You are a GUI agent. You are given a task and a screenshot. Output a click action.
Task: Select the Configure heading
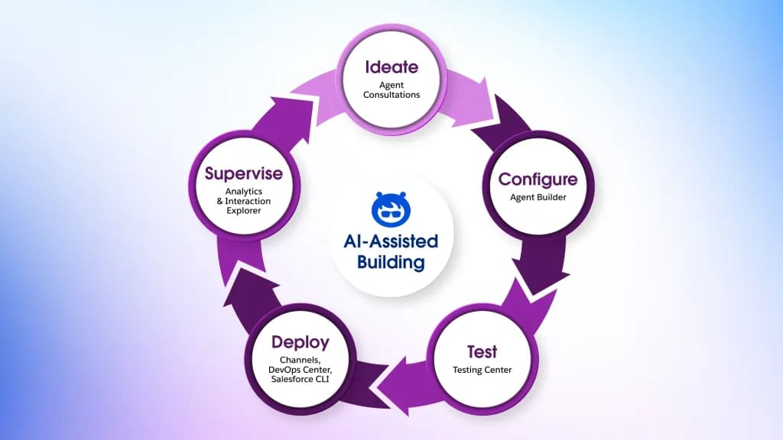[537, 180]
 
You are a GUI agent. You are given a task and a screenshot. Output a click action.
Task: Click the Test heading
[482, 352]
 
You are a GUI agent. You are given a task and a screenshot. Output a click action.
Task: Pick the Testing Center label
[482, 370]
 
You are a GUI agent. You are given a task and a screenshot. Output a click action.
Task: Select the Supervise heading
[243, 174]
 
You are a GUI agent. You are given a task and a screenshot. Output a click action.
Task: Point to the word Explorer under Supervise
[243, 210]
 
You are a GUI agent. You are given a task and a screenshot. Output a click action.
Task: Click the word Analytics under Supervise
[243, 191]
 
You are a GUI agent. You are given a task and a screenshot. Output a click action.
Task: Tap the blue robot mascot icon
[391, 207]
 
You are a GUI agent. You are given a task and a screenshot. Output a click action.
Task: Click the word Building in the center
[391, 262]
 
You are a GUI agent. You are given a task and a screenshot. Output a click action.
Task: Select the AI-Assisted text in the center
[391, 242]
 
